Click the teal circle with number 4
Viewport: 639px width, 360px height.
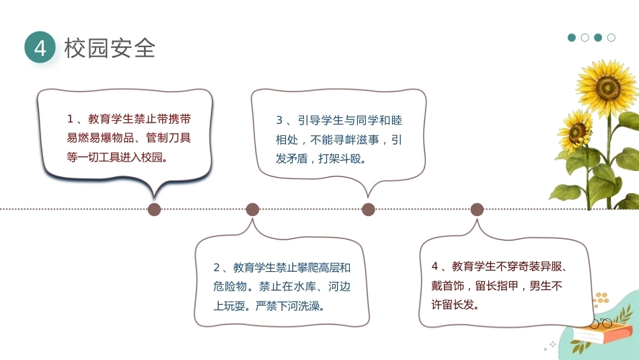(40, 47)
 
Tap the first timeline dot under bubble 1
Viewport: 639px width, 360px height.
(154, 209)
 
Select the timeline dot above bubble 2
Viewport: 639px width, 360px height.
(253, 209)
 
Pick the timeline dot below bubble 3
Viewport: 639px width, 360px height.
(369, 209)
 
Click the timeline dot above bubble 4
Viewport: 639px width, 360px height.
(477, 209)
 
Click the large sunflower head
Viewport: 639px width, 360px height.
(607, 87)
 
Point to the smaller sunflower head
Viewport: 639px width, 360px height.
(576, 131)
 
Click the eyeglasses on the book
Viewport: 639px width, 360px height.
(601, 324)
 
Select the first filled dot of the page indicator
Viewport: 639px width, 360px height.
(572, 38)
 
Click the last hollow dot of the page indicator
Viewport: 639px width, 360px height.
(611, 38)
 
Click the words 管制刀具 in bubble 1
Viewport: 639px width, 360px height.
(168, 138)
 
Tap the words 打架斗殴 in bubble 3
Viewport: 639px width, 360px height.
(340, 159)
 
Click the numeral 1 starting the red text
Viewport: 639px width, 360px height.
(70, 119)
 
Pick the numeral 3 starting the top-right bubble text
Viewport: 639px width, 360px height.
(279, 120)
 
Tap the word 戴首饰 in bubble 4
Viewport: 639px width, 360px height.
(448, 286)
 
